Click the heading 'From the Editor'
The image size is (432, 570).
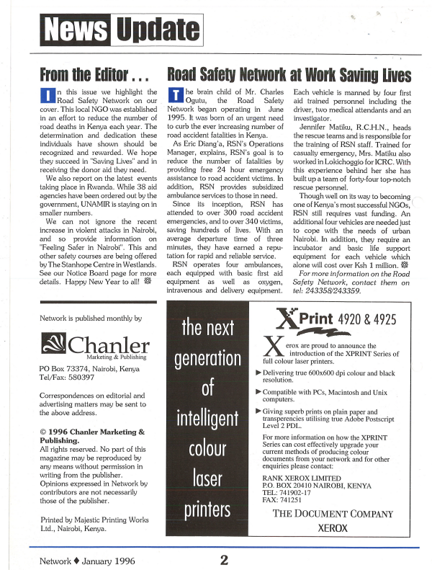point(94,76)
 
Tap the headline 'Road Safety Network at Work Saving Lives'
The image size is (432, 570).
point(289,76)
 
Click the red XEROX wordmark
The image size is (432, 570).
point(331,528)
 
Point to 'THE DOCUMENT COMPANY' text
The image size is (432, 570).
point(331,513)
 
